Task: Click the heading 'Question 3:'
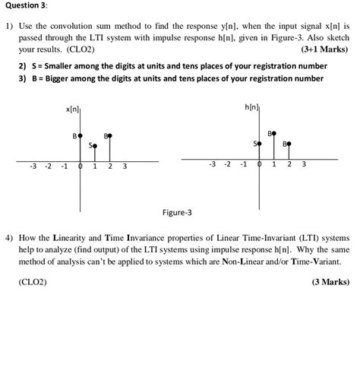click(25, 6)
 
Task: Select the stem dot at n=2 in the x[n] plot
click(110, 136)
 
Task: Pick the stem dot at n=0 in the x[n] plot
click(81, 135)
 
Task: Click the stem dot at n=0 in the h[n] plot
click(260, 143)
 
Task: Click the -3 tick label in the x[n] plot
click(33, 167)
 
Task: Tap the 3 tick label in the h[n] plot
click(304, 164)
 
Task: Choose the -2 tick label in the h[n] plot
click(228, 164)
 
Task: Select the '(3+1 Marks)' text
click(326, 49)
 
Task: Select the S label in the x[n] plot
click(90, 144)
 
